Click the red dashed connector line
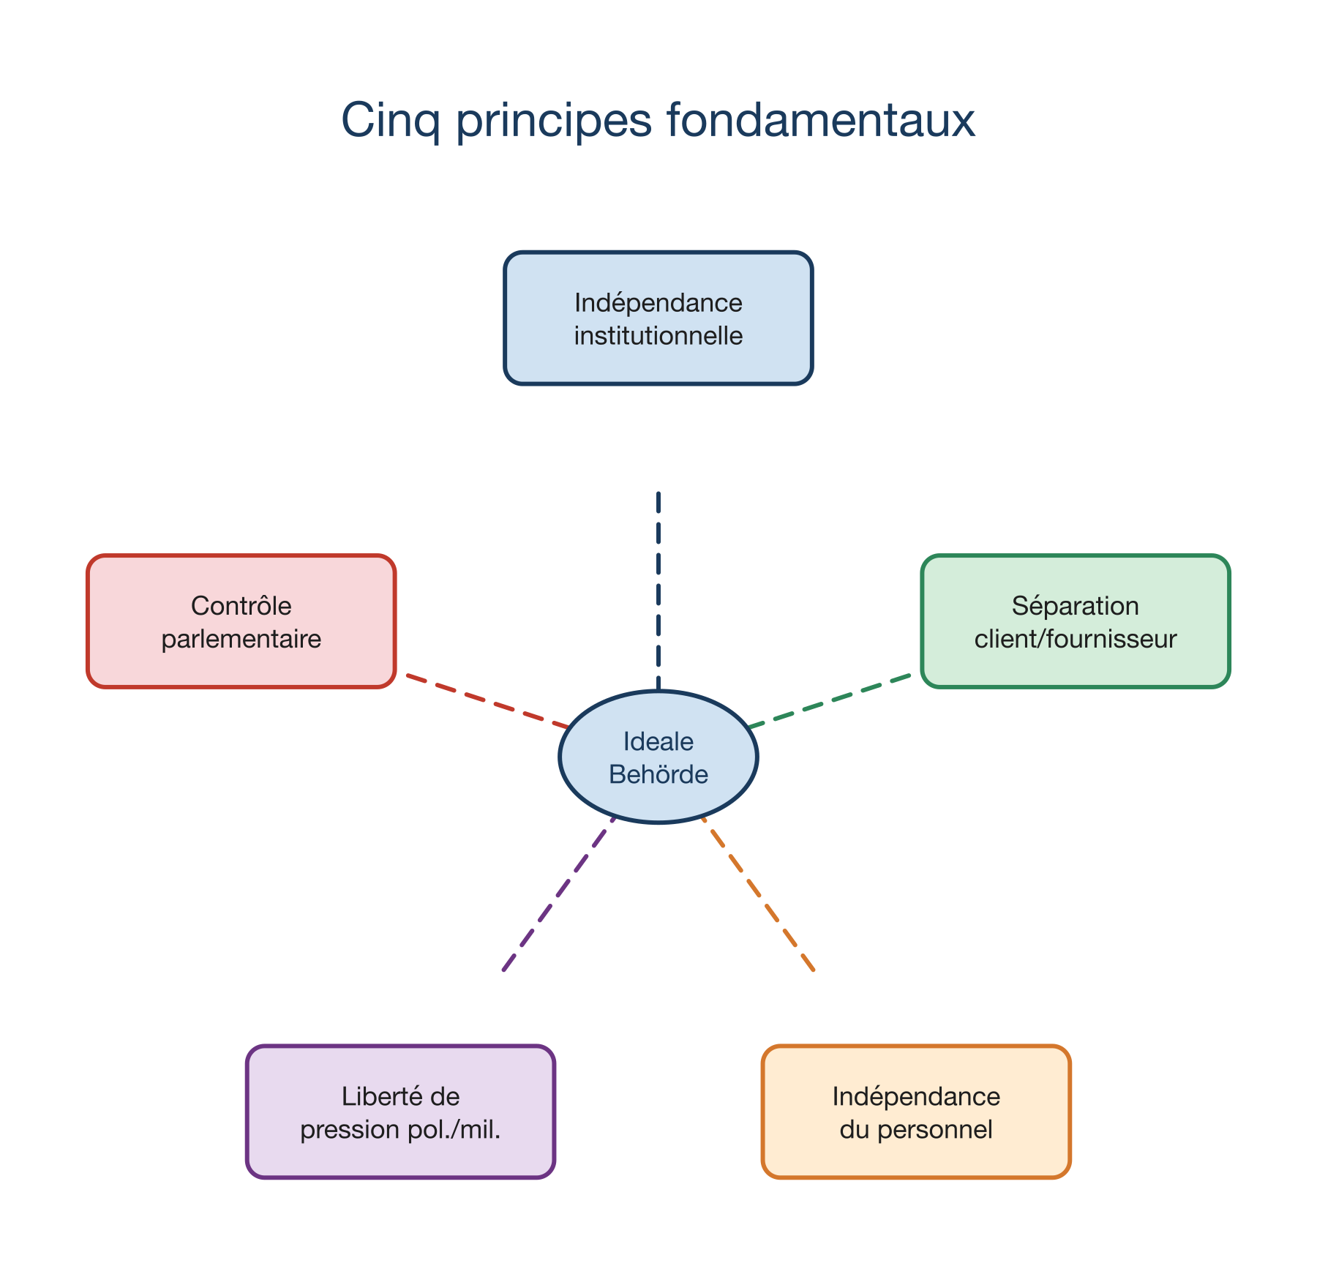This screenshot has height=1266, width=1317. click(487, 701)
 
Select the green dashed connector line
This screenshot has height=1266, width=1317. click(830, 701)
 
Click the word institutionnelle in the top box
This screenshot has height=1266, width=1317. click(658, 336)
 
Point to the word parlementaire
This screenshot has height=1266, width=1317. click(241, 640)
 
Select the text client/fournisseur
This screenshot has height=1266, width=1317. click(1076, 640)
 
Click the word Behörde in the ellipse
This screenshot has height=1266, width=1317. click(658, 774)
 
